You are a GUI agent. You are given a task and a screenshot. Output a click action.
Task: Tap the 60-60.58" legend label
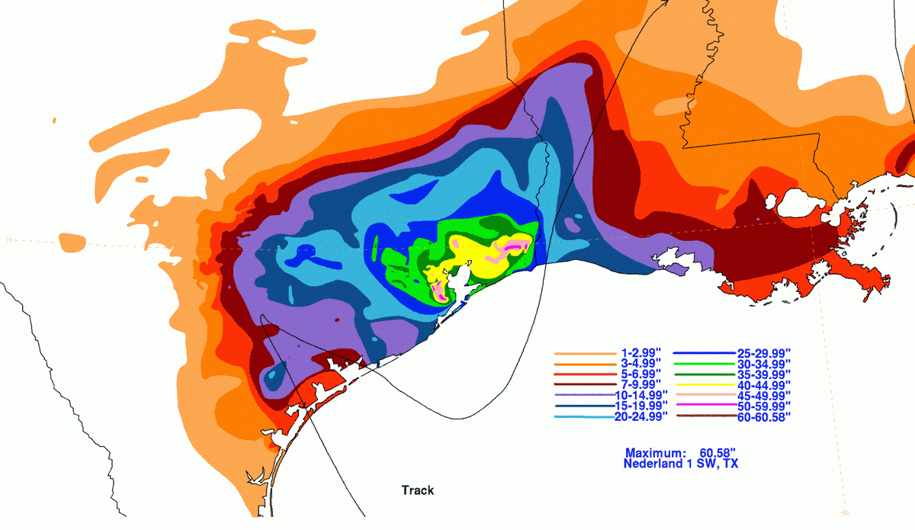[x=764, y=416]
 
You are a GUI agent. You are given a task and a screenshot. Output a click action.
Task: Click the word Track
[x=418, y=490]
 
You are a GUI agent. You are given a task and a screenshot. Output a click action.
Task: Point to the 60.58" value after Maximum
[x=721, y=452]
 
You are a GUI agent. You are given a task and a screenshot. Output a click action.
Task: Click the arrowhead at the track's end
[x=664, y=3]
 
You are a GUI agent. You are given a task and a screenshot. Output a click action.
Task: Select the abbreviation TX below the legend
[x=729, y=464]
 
